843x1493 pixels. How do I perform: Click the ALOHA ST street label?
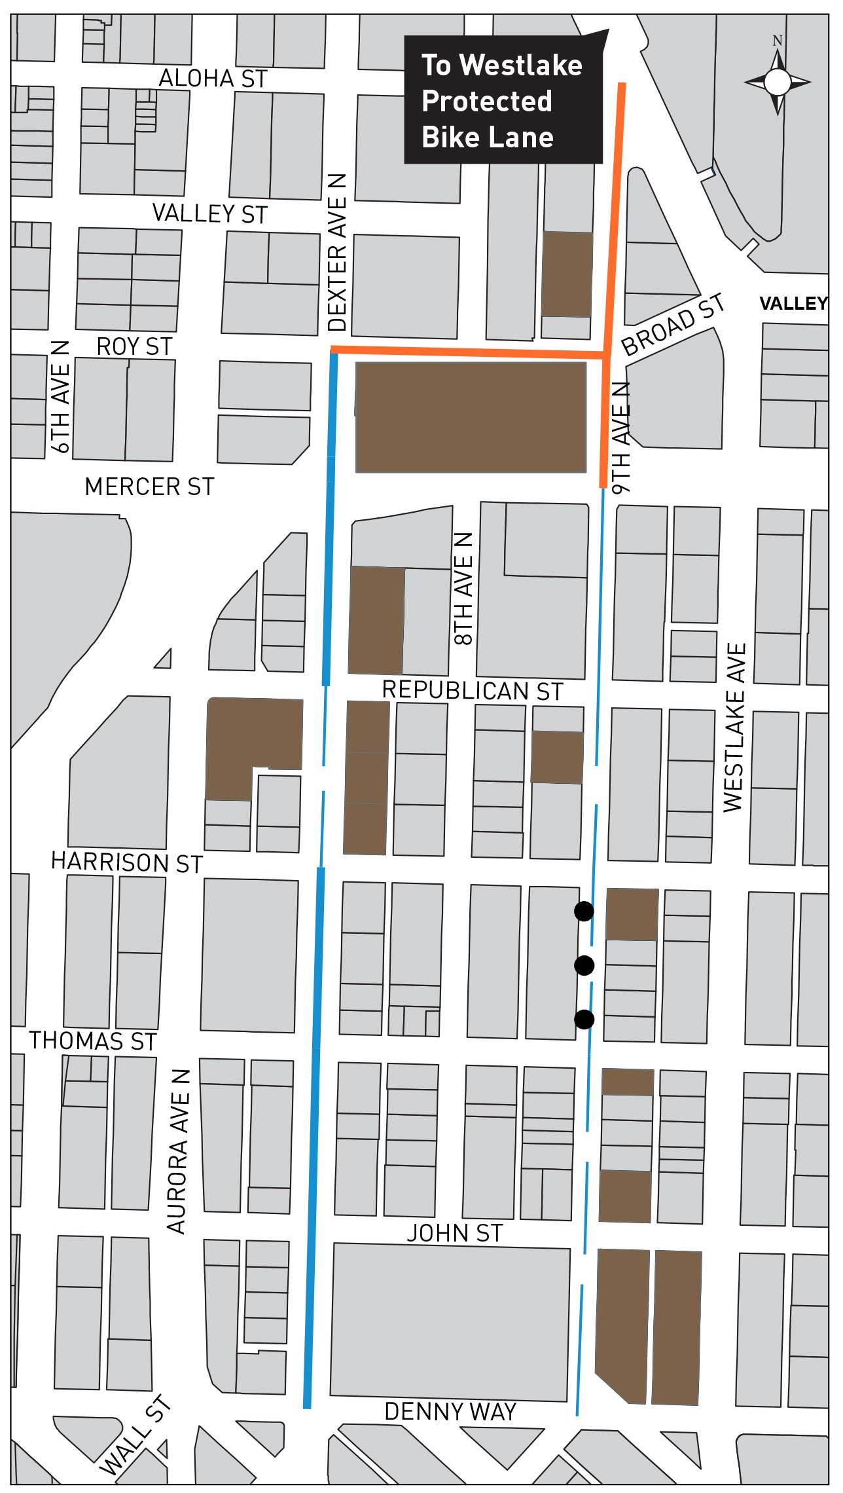pyautogui.click(x=213, y=79)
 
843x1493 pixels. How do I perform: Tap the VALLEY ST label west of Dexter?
pyautogui.click(x=209, y=214)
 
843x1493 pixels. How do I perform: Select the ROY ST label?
pyautogui.click(x=134, y=346)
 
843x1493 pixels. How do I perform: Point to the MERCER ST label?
pyautogui.click(x=149, y=487)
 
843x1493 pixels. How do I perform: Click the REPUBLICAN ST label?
pyautogui.click(x=472, y=691)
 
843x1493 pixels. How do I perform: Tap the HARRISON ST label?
pyautogui.click(x=127, y=862)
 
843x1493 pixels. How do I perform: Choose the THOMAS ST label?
pyautogui.click(x=92, y=1041)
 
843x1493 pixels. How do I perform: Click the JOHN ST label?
pyautogui.click(x=454, y=1234)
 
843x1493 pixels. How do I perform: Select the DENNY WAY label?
pyautogui.click(x=450, y=1412)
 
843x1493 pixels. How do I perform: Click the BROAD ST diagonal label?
pyautogui.click(x=673, y=325)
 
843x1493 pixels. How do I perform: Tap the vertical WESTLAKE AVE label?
pyautogui.click(x=734, y=728)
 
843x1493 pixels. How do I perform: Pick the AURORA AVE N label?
pyautogui.click(x=177, y=1152)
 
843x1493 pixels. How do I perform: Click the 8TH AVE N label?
pyautogui.click(x=463, y=589)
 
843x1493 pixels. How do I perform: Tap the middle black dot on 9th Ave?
pyautogui.click(x=584, y=965)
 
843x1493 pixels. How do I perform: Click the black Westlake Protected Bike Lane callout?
pyautogui.click(x=503, y=100)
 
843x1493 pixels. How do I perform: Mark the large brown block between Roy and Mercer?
pyautogui.click(x=471, y=417)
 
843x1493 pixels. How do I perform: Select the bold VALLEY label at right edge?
pyautogui.click(x=793, y=303)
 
